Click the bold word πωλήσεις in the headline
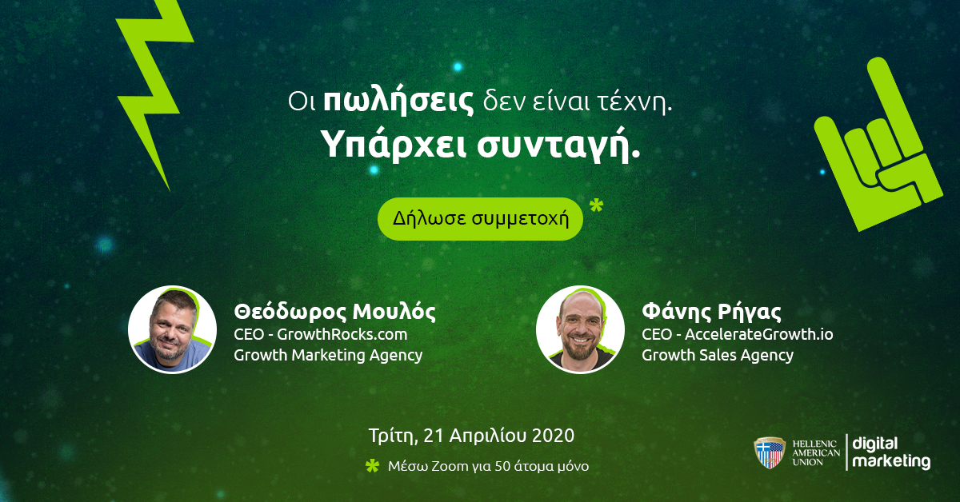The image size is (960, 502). click(398, 102)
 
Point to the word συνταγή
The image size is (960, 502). click(558, 145)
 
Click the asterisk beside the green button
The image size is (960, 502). click(596, 206)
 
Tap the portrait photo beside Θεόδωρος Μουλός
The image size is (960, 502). click(172, 329)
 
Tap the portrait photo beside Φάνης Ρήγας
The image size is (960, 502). click(580, 329)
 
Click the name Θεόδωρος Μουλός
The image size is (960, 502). click(334, 312)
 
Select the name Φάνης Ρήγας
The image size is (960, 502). click(711, 312)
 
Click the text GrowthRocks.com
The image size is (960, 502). click(342, 334)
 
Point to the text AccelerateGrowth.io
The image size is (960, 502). click(758, 334)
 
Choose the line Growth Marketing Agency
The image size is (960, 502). click(328, 356)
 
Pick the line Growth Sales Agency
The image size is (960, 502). click(718, 356)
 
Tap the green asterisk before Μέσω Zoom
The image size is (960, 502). click(373, 466)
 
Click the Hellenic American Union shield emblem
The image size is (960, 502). click(770, 452)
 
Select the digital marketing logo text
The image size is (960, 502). click(891, 453)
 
